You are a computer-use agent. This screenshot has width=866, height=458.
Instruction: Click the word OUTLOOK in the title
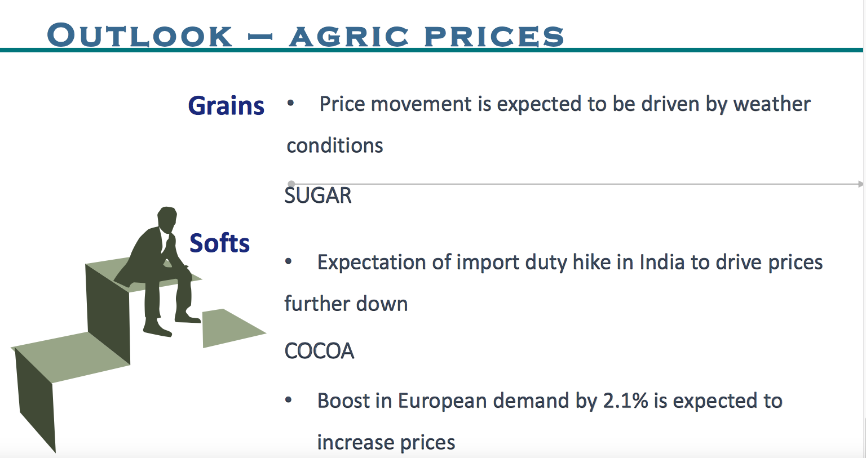(x=140, y=35)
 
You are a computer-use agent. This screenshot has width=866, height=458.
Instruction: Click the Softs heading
(x=219, y=243)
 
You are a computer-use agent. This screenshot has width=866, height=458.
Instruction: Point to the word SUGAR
(x=318, y=195)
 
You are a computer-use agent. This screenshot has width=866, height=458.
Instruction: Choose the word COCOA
(x=319, y=351)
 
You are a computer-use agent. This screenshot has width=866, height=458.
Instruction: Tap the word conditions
(x=335, y=146)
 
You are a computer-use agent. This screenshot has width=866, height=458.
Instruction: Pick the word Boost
(x=343, y=401)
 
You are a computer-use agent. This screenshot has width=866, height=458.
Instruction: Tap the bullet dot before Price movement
(x=290, y=104)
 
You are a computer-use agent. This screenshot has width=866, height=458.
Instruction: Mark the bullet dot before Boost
(x=289, y=400)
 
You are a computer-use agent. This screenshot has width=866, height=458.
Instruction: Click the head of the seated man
(x=167, y=219)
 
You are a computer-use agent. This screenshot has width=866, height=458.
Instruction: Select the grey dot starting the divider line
(x=291, y=184)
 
